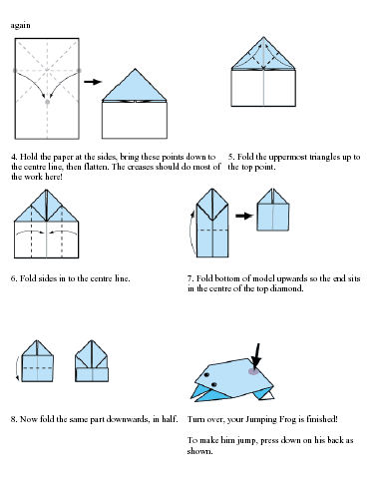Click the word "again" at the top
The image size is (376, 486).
pyautogui.click(x=20, y=26)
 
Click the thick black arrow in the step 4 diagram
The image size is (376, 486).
pyautogui.click(x=93, y=82)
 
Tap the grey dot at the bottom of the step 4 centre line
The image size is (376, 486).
pyautogui.click(x=47, y=102)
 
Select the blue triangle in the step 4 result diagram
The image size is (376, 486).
pyautogui.click(x=135, y=85)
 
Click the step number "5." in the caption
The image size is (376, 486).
pyautogui.click(x=231, y=157)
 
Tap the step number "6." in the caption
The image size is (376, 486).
pyautogui.click(x=14, y=278)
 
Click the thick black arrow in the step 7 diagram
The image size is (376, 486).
pyautogui.click(x=244, y=216)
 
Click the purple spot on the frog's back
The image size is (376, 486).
pyautogui.click(x=253, y=371)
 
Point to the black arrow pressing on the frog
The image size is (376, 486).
pyautogui.click(x=256, y=356)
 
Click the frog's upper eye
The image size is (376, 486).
pyautogui.click(x=206, y=375)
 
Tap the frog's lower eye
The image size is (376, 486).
pyautogui.click(x=214, y=384)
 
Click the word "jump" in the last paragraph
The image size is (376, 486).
pyautogui.click(x=245, y=441)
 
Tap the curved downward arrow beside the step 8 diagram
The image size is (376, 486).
pyautogui.click(x=17, y=368)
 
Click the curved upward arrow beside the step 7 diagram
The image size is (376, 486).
pyautogui.click(x=191, y=233)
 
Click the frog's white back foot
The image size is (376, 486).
pyautogui.click(x=269, y=395)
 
